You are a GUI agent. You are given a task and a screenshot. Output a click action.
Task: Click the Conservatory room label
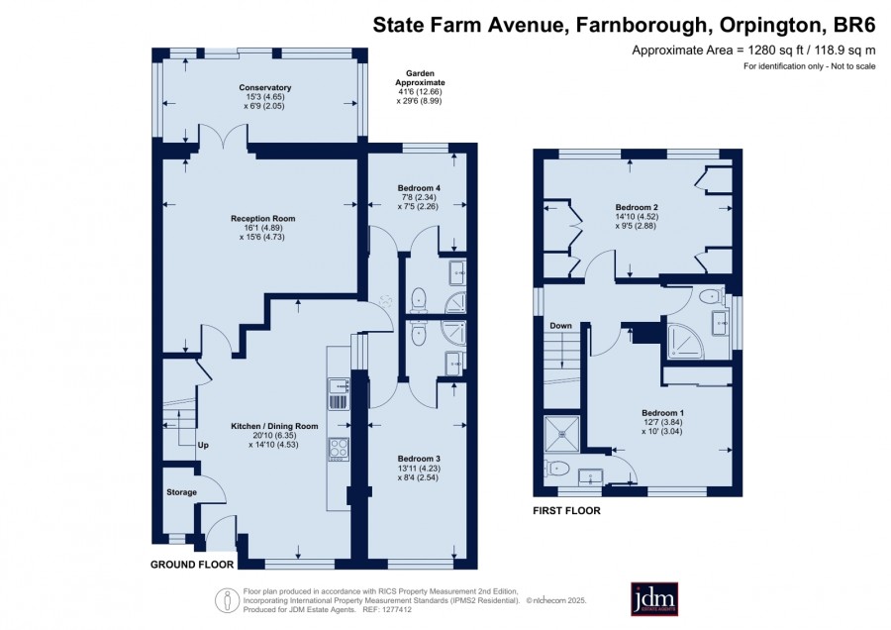click(264, 87)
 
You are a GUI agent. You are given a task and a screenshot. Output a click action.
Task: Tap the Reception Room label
click(262, 218)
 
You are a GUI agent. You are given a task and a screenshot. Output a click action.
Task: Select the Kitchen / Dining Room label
click(274, 426)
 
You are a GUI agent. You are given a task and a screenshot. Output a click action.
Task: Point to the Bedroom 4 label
click(419, 188)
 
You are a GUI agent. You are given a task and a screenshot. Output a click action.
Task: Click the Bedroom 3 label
click(419, 459)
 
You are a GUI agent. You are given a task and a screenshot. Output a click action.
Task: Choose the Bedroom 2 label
click(637, 208)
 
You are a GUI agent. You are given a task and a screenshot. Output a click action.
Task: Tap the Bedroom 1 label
click(662, 413)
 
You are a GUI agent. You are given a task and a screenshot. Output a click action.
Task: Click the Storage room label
click(181, 492)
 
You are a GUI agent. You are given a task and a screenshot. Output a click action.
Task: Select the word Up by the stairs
click(203, 445)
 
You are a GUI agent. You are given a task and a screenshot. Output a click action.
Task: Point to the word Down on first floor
click(560, 326)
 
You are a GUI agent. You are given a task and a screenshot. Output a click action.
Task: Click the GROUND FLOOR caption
click(192, 565)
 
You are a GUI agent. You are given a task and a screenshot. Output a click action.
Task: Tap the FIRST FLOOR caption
click(566, 510)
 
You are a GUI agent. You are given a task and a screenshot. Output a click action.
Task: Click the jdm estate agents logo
click(654, 598)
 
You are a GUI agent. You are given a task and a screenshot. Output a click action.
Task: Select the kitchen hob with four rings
click(339, 449)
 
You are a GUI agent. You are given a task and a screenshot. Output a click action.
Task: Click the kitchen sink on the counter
click(339, 386)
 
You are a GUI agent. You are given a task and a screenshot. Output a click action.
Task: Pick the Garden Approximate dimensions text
click(420, 87)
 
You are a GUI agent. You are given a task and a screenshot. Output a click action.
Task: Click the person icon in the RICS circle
click(228, 600)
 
